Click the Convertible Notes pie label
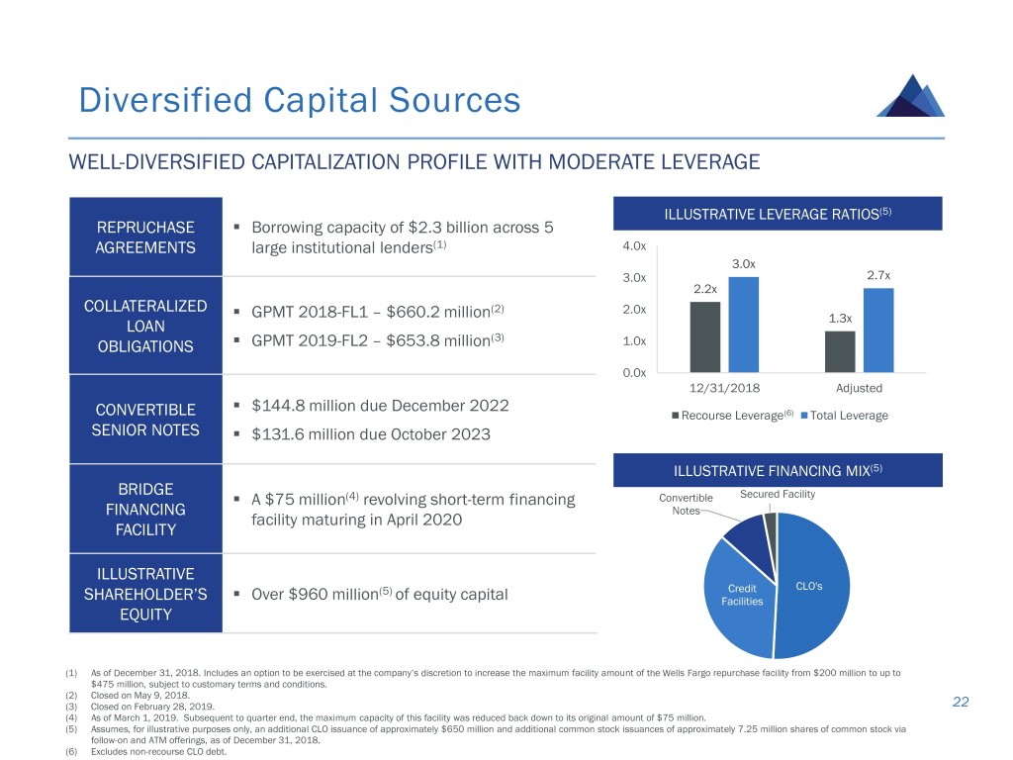(x=686, y=504)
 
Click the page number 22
(x=960, y=702)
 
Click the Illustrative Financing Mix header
(x=777, y=468)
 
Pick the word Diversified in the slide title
(x=159, y=100)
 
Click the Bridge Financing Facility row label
(x=145, y=510)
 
